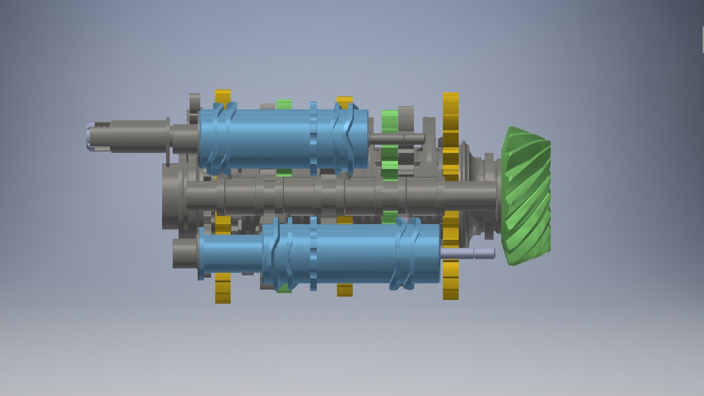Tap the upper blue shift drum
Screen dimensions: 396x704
coord(271,139)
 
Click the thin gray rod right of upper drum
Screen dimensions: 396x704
coord(396,139)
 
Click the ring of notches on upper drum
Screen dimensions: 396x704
coord(313,139)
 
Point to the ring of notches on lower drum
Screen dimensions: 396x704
coord(313,253)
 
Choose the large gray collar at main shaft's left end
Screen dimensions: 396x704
coord(172,196)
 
